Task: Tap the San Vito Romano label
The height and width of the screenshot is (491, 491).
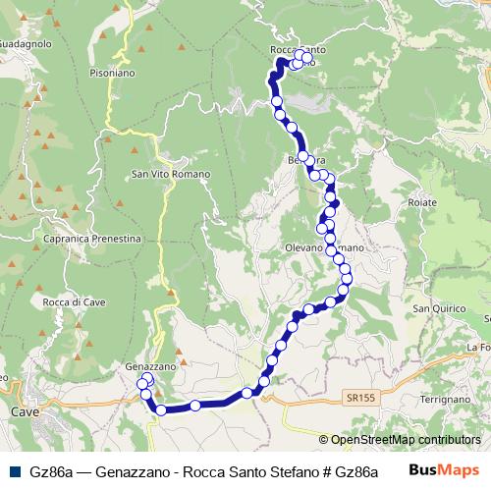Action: click(167, 175)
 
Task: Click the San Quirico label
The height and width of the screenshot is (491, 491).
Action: click(436, 309)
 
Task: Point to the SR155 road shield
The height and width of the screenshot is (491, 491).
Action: click(359, 397)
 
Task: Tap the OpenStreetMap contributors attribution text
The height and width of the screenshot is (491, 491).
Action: click(406, 440)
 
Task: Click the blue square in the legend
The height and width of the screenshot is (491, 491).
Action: click(11, 471)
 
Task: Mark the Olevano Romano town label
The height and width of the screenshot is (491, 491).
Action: click(324, 248)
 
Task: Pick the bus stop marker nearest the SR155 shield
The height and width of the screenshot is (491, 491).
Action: click(331, 301)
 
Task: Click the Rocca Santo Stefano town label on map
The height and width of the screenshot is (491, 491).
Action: click(298, 48)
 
